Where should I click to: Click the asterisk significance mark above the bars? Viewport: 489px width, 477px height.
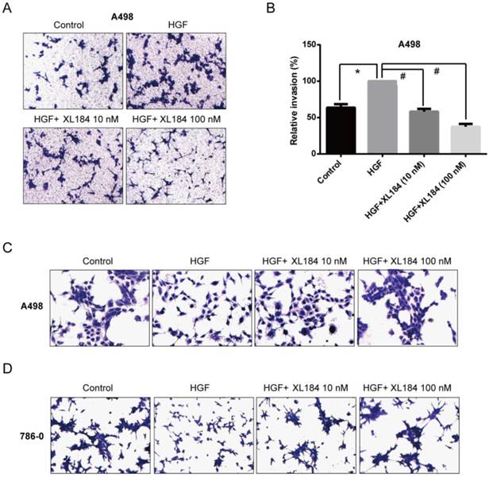pos(359,72)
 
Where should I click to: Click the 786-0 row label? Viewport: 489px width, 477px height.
pos(32,436)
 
